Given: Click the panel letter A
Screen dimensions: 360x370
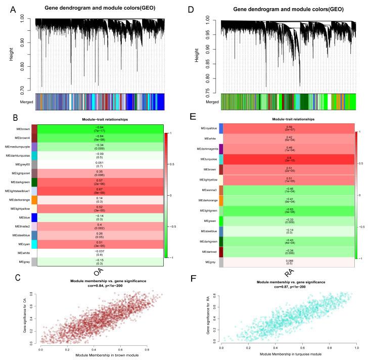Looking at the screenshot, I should (x=12, y=8).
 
